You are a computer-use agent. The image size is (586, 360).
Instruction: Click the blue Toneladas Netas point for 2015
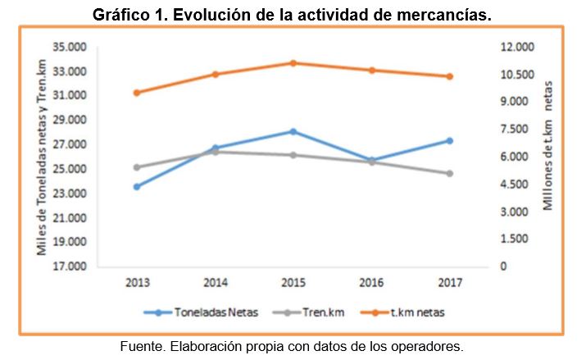293,131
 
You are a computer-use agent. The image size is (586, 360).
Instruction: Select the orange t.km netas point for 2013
137,93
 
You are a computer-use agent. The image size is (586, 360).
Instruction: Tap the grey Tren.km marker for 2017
450,173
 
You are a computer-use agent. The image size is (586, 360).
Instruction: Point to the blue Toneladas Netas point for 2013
137,187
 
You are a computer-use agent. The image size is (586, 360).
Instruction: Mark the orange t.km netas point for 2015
293,63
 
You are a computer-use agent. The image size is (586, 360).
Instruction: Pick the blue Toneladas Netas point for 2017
450,140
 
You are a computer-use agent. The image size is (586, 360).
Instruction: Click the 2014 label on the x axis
215,283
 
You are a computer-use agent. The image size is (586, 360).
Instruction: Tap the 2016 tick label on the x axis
371,283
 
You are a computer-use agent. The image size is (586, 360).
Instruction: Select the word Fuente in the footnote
140,346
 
